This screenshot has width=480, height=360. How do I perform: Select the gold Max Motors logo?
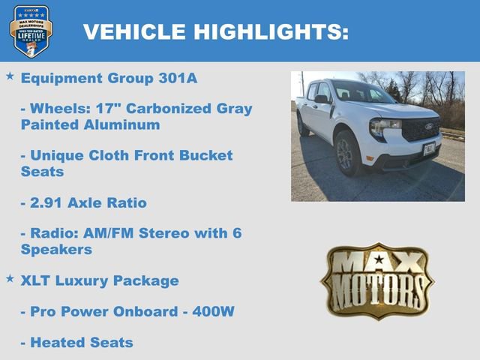point(377,280)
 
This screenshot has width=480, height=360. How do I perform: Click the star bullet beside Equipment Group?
point(10,76)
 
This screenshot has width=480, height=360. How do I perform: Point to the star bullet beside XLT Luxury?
point(10,279)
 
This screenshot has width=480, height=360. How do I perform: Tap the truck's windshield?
point(361,91)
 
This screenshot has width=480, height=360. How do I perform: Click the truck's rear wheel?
point(301,124)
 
